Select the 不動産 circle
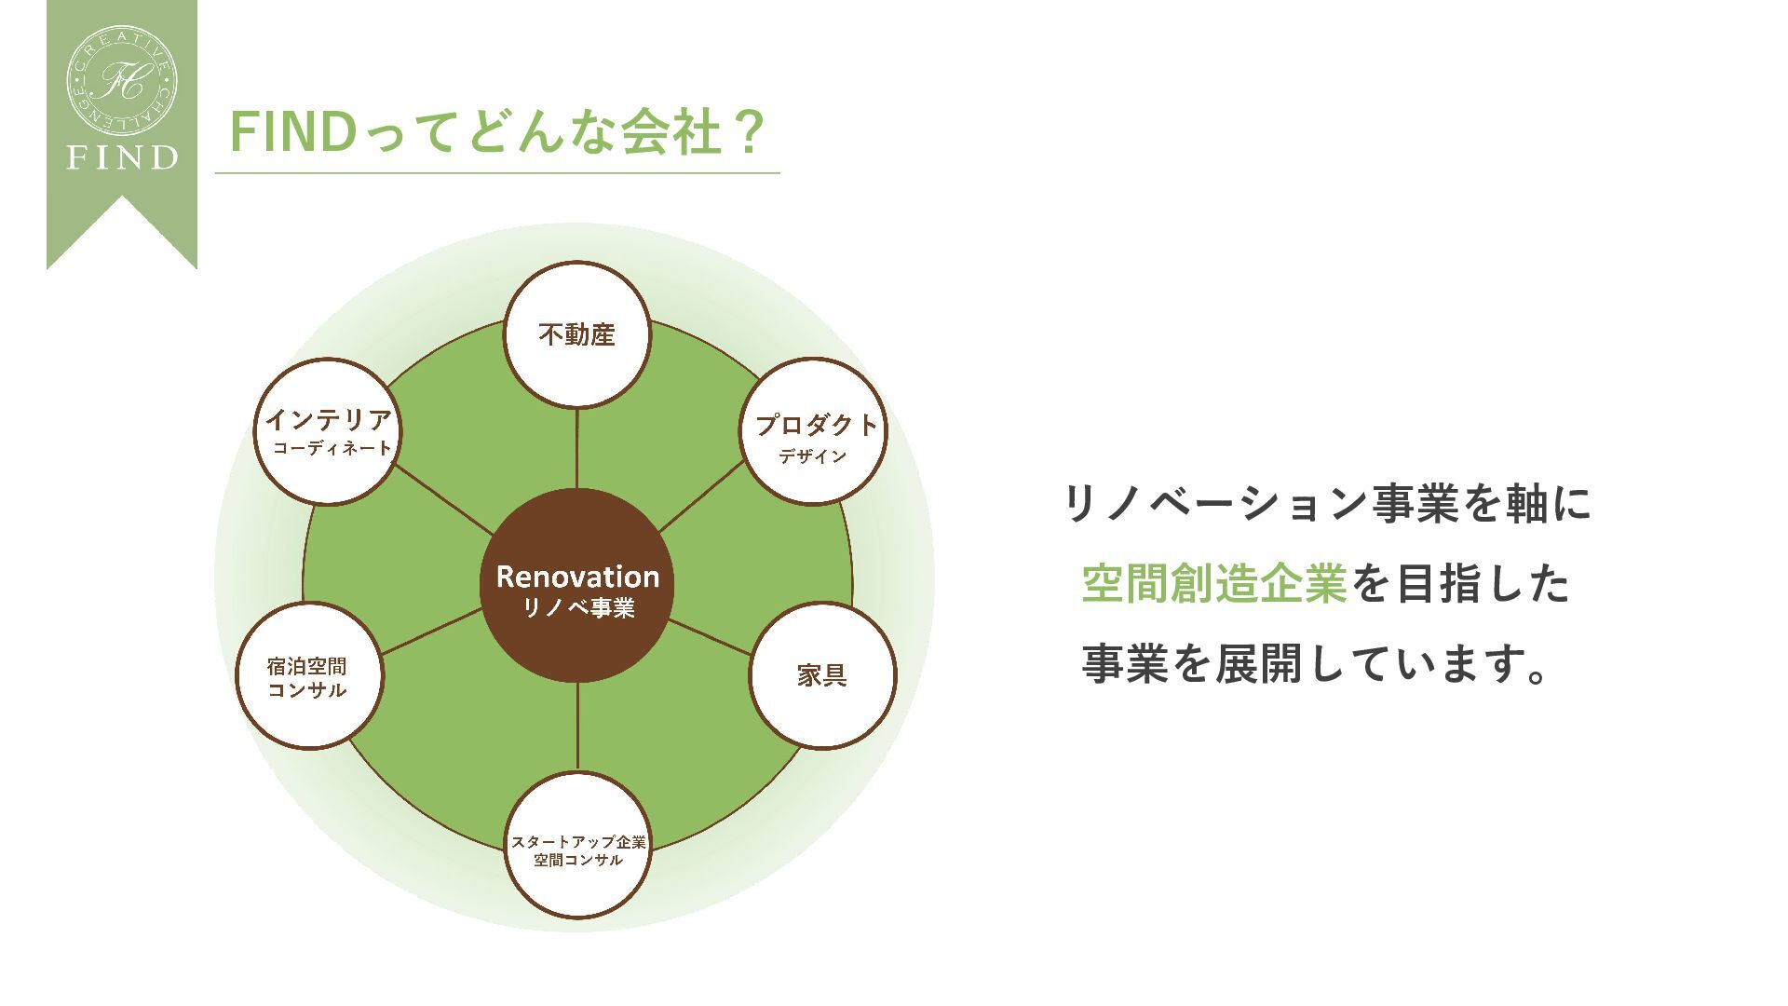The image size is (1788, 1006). (577, 334)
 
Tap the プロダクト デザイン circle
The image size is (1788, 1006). (814, 431)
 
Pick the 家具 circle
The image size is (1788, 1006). (822, 675)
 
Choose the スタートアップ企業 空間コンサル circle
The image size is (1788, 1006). (577, 846)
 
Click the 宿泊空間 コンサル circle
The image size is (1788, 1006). (309, 676)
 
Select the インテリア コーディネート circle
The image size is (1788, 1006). (327, 431)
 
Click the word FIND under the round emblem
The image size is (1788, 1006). (122, 157)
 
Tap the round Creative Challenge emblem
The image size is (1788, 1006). (122, 80)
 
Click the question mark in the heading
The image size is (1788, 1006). (747, 132)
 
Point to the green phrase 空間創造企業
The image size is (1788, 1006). (1214, 584)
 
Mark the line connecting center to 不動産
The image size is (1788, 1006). (577, 447)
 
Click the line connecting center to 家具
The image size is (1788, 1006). (710, 637)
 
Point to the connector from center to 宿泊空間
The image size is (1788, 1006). (431, 632)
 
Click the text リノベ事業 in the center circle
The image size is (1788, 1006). (578, 608)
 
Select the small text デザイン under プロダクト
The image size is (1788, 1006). (813, 456)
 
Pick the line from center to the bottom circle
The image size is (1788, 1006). (577, 727)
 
